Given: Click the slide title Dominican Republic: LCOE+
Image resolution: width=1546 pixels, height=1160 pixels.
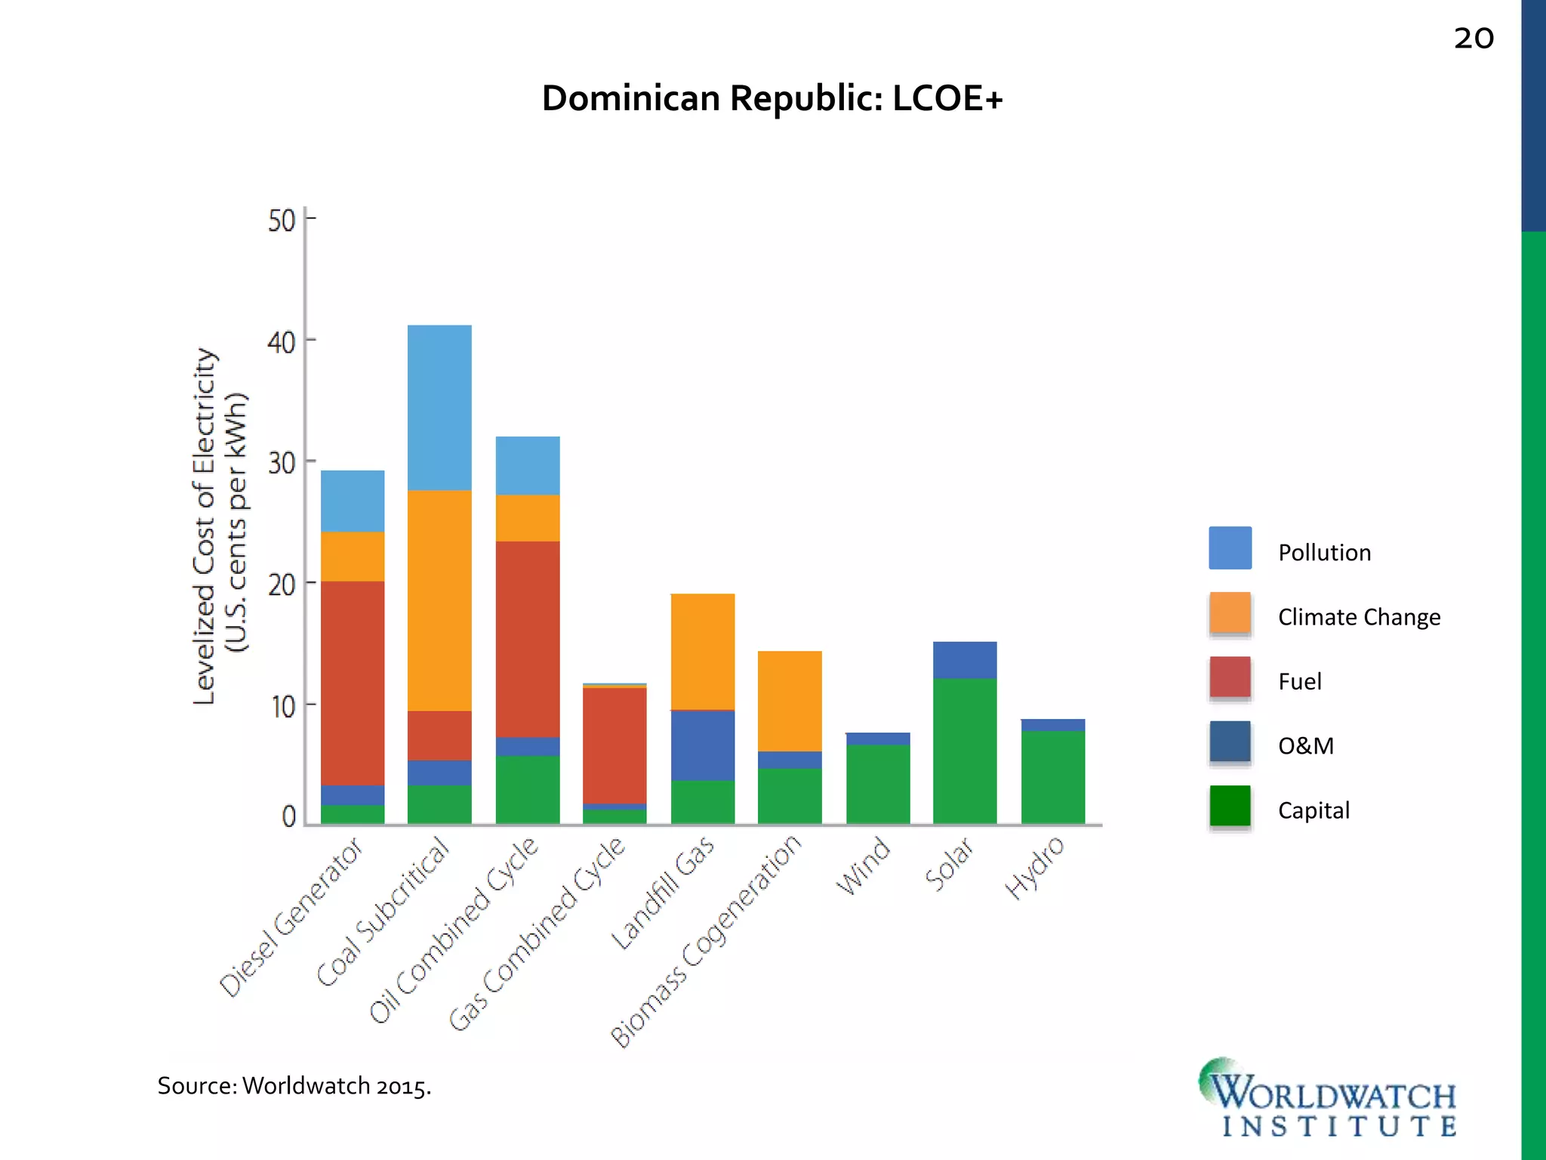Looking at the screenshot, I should click(x=772, y=99).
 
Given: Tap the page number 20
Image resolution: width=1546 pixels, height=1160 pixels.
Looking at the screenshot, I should click(x=1474, y=39).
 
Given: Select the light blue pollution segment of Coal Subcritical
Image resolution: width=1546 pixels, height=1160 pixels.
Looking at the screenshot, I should click(x=439, y=408).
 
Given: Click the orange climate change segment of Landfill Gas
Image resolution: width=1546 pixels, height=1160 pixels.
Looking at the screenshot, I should click(x=702, y=651).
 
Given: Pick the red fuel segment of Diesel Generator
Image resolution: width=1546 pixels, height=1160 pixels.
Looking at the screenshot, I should click(x=353, y=683).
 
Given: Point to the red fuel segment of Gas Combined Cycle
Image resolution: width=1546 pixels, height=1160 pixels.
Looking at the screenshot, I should click(x=614, y=745).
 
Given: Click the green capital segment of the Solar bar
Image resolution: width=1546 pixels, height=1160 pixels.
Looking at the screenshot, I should click(x=965, y=751).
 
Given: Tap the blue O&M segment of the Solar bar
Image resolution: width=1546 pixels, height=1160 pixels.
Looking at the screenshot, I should click(x=965, y=660).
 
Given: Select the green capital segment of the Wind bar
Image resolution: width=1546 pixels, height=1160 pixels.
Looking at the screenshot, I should click(x=878, y=784).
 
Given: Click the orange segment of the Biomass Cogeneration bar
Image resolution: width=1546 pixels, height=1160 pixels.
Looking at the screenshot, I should click(x=790, y=701).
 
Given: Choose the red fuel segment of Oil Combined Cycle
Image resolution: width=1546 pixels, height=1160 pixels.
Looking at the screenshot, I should click(x=528, y=639).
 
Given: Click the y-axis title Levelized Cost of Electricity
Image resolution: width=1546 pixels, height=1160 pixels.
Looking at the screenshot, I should click(x=205, y=526).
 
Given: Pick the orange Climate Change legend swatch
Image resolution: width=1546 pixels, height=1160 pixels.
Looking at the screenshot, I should click(x=1230, y=612).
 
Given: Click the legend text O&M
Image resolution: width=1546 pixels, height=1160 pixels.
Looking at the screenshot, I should click(x=1306, y=746).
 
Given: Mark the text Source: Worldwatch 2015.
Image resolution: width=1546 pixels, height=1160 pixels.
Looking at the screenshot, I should click(x=294, y=1086).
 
